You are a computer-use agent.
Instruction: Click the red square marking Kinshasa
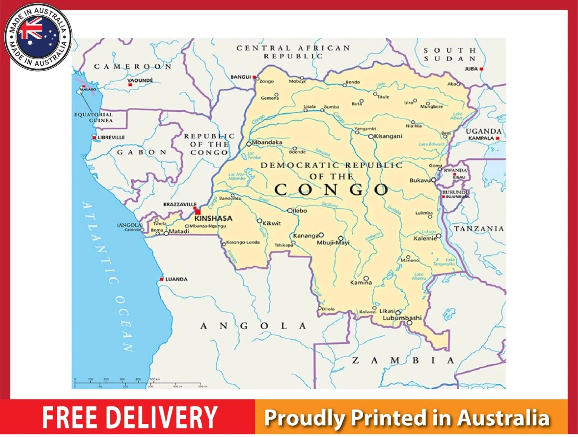point(197,211)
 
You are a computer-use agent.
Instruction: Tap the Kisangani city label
point(388,136)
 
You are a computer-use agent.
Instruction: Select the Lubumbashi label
point(402,318)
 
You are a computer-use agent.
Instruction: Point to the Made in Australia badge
point(38,37)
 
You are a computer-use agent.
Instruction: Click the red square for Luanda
point(162,279)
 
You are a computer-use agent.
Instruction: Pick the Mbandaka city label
point(267,142)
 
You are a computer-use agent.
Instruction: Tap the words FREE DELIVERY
point(130,418)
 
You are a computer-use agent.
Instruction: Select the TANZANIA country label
point(479,229)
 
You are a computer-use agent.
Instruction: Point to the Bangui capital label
point(240,77)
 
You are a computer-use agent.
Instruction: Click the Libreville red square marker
point(94,137)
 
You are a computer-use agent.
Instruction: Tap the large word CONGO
point(331,190)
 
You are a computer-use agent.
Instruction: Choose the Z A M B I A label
point(403,360)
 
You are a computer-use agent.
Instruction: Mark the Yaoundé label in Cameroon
point(140,81)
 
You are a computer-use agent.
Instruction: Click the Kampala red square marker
point(498,138)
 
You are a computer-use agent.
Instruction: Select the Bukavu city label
point(419,181)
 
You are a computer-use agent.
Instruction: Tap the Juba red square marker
point(482,69)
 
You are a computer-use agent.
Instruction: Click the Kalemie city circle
point(438,236)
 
